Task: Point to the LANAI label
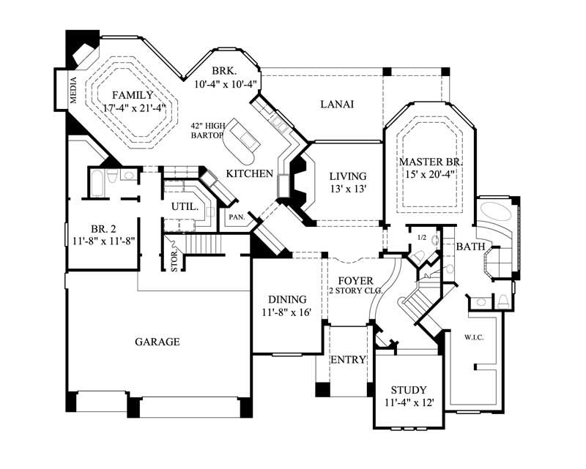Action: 337,105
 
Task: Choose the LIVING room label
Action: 348,176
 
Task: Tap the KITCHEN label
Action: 249,173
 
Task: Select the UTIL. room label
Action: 185,207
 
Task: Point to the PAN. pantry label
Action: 236,217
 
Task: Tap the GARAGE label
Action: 157,342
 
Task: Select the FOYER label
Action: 355,280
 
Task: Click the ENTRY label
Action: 348,360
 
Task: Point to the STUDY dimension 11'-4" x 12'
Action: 408,402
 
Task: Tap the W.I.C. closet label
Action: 470,338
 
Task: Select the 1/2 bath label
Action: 421,238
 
